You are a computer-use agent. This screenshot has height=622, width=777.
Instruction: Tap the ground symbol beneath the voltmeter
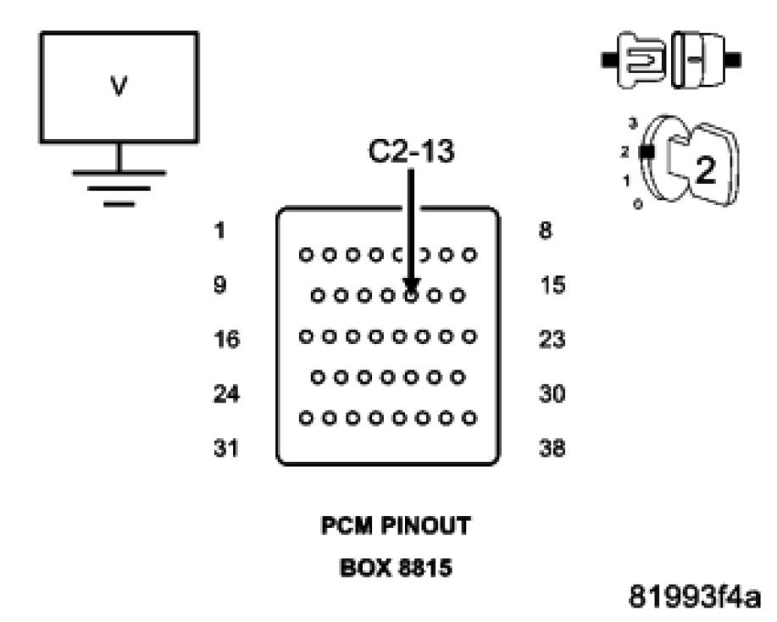click(119, 182)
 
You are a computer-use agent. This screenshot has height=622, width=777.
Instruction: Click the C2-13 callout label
click(410, 153)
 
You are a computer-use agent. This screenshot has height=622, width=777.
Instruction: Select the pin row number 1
click(219, 230)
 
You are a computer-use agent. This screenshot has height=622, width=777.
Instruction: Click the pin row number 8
click(546, 230)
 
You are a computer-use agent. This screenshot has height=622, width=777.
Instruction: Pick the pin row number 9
click(219, 286)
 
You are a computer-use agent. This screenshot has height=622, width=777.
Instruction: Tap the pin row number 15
click(552, 286)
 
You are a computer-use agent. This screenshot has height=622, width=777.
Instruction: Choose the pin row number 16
click(226, 340)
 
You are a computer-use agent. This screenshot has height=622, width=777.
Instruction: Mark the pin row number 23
click(552, 340)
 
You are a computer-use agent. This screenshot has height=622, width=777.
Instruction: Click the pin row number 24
click(226, 394)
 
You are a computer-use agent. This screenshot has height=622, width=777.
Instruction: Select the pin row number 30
click(552, 394)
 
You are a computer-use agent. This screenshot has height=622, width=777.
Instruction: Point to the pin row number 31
click(226, 448)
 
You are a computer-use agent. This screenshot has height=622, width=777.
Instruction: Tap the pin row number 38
click(552, 448)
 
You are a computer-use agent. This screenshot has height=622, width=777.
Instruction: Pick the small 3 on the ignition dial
click(631, 125)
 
